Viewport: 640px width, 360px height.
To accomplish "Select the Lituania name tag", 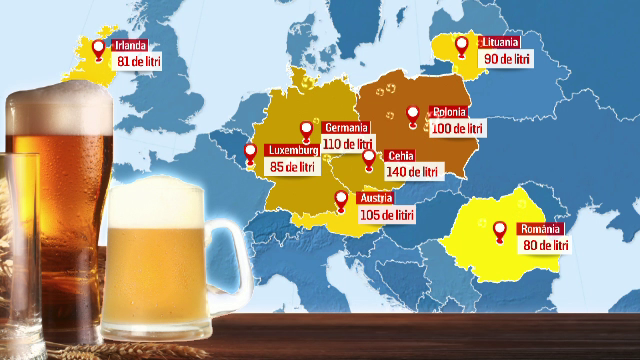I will (x=498, y=43).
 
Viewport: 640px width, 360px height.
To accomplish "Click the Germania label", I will (x=347, y=128).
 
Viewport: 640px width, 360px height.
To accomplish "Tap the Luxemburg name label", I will (x=292, y=151).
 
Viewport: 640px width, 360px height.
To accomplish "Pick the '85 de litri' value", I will (x=292, y=167).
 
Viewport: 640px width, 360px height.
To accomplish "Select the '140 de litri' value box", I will (x=413, y=172).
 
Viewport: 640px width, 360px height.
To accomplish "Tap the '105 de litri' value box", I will (x=384, y=215).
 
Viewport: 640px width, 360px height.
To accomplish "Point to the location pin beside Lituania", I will (x=462, y=46).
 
